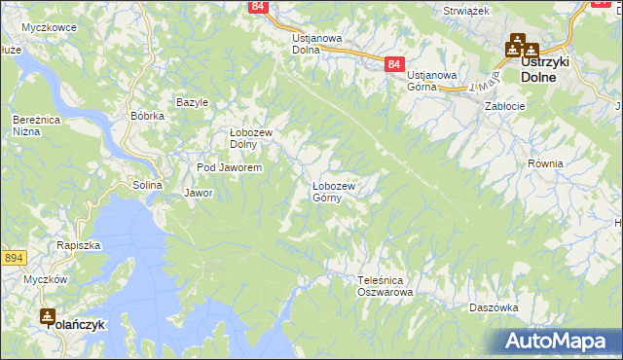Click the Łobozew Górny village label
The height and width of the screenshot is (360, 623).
click(334, 191)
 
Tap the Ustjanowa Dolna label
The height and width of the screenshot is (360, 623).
click(317, 45)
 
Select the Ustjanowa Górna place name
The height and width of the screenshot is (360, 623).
click(433, 82)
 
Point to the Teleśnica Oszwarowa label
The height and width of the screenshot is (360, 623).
click(385, 285)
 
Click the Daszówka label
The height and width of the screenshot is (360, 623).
click(493, 306)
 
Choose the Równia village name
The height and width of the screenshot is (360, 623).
click(545, 163)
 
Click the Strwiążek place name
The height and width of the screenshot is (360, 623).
click(465, 10)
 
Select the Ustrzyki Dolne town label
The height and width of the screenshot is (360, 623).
click(551, 67)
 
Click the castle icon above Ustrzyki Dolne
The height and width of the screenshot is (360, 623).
click(516, 45)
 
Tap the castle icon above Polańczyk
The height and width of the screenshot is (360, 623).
click(48, 315)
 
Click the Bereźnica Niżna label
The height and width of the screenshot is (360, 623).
click(32, 125)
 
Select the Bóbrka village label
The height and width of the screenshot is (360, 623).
click(147, 116)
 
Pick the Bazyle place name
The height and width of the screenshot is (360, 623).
click(193, 102)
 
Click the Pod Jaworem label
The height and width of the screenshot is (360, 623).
click(230, 168)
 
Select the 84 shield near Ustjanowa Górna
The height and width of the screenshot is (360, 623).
click(393, 64)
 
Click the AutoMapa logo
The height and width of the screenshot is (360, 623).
click(559, 342)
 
